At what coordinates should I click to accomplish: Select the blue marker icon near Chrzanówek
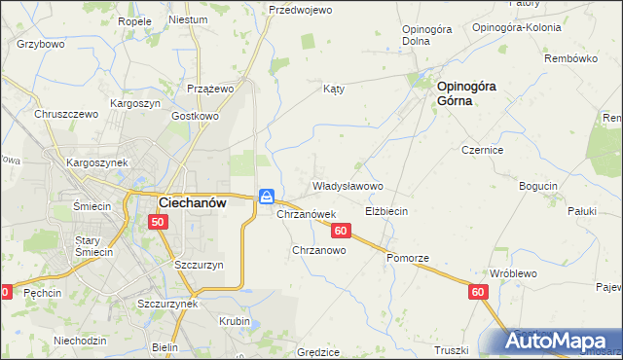click(266, 197)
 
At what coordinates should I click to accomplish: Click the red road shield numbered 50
click(159, 223)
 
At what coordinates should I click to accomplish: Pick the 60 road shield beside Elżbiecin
click(340, 231)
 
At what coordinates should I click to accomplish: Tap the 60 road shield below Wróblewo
click(477, 291)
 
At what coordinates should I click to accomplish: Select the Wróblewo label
click(513, 274)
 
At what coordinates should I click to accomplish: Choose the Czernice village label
click(482, 151)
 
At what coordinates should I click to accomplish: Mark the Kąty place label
click(334, 88)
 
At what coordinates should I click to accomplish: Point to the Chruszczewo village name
click(67, 114)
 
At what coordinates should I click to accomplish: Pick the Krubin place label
click(235, 321)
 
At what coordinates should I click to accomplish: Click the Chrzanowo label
click(319, 250)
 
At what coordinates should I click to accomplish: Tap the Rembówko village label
click(570, 58)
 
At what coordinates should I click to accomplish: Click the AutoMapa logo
click(562, 342)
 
